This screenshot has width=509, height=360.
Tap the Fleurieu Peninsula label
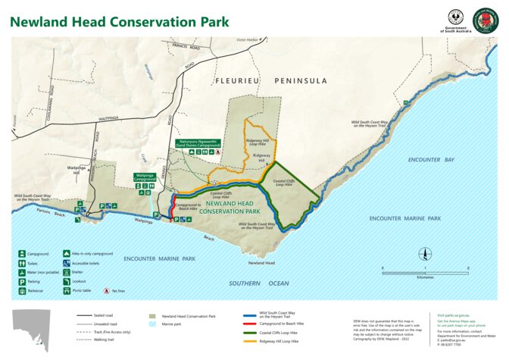click(272, 80)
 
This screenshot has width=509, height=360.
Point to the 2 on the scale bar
click(468, 268)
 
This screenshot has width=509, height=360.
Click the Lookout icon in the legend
click(67, 281)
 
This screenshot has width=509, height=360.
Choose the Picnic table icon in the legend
click(67, 290)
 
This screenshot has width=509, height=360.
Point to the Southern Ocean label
click(258, 283)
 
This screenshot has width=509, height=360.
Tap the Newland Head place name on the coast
click(261, 263)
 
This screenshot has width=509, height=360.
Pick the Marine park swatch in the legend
click(154, 324)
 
